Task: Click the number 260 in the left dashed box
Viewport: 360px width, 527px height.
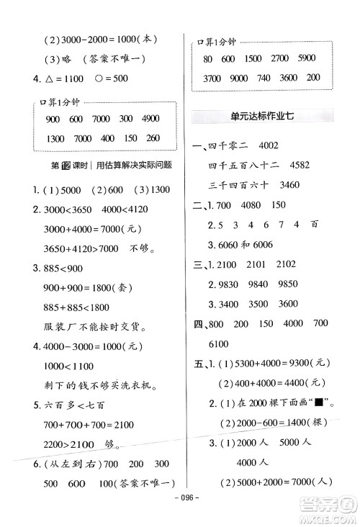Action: point(153,138)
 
